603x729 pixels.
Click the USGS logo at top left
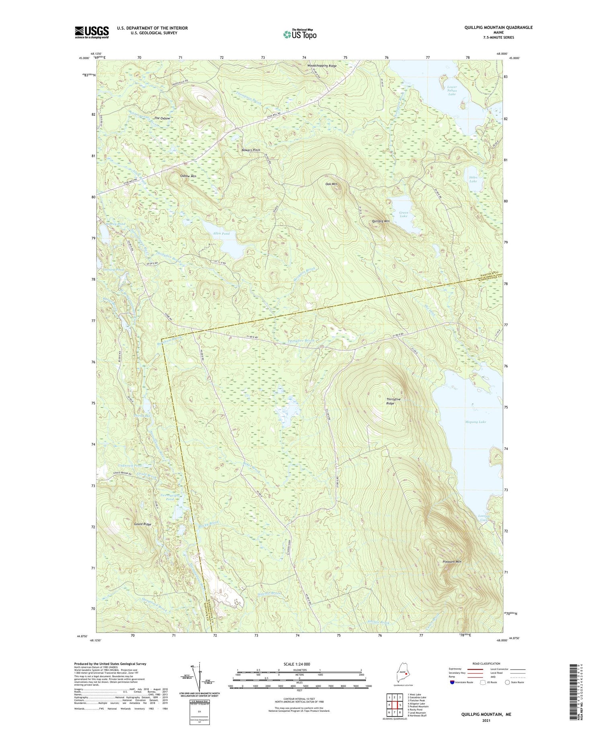coord(92,32)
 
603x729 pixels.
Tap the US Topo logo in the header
coord(299,34)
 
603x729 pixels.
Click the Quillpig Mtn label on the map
coord(380,221)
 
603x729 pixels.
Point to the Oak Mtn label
coord(331,184)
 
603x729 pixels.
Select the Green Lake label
coord(403,214)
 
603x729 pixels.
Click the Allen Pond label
coord(221,234)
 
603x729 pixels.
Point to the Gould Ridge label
coord(143,524)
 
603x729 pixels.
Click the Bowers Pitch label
coord(251,150)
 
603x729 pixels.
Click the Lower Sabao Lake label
coord(452,90)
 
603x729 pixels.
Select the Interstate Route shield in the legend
coord(453,682)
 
